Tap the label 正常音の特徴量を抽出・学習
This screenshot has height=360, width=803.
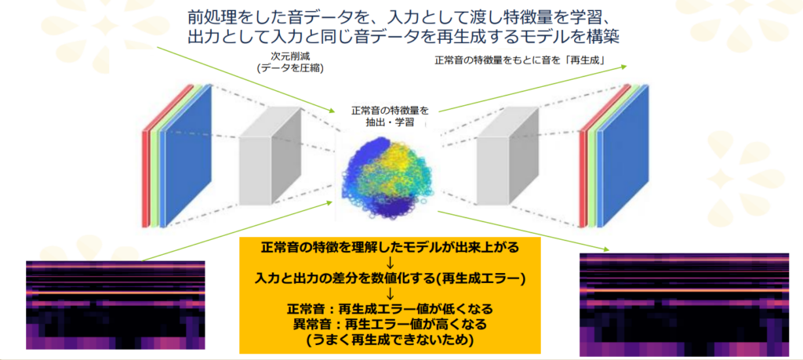(x=390, y=116)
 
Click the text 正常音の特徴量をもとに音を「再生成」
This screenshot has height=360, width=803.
(x=521, y=60)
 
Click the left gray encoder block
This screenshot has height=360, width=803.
(x=271, y=155)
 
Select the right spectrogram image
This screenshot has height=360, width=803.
(x=684, y=304)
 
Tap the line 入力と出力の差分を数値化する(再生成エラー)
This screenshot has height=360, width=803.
(x=391, y=278)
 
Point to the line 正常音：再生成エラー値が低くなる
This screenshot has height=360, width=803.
(x=391, y=309)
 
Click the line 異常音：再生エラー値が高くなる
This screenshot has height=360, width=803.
(x=391, y=324)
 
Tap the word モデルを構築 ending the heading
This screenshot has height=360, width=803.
(x=577, y=37)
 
